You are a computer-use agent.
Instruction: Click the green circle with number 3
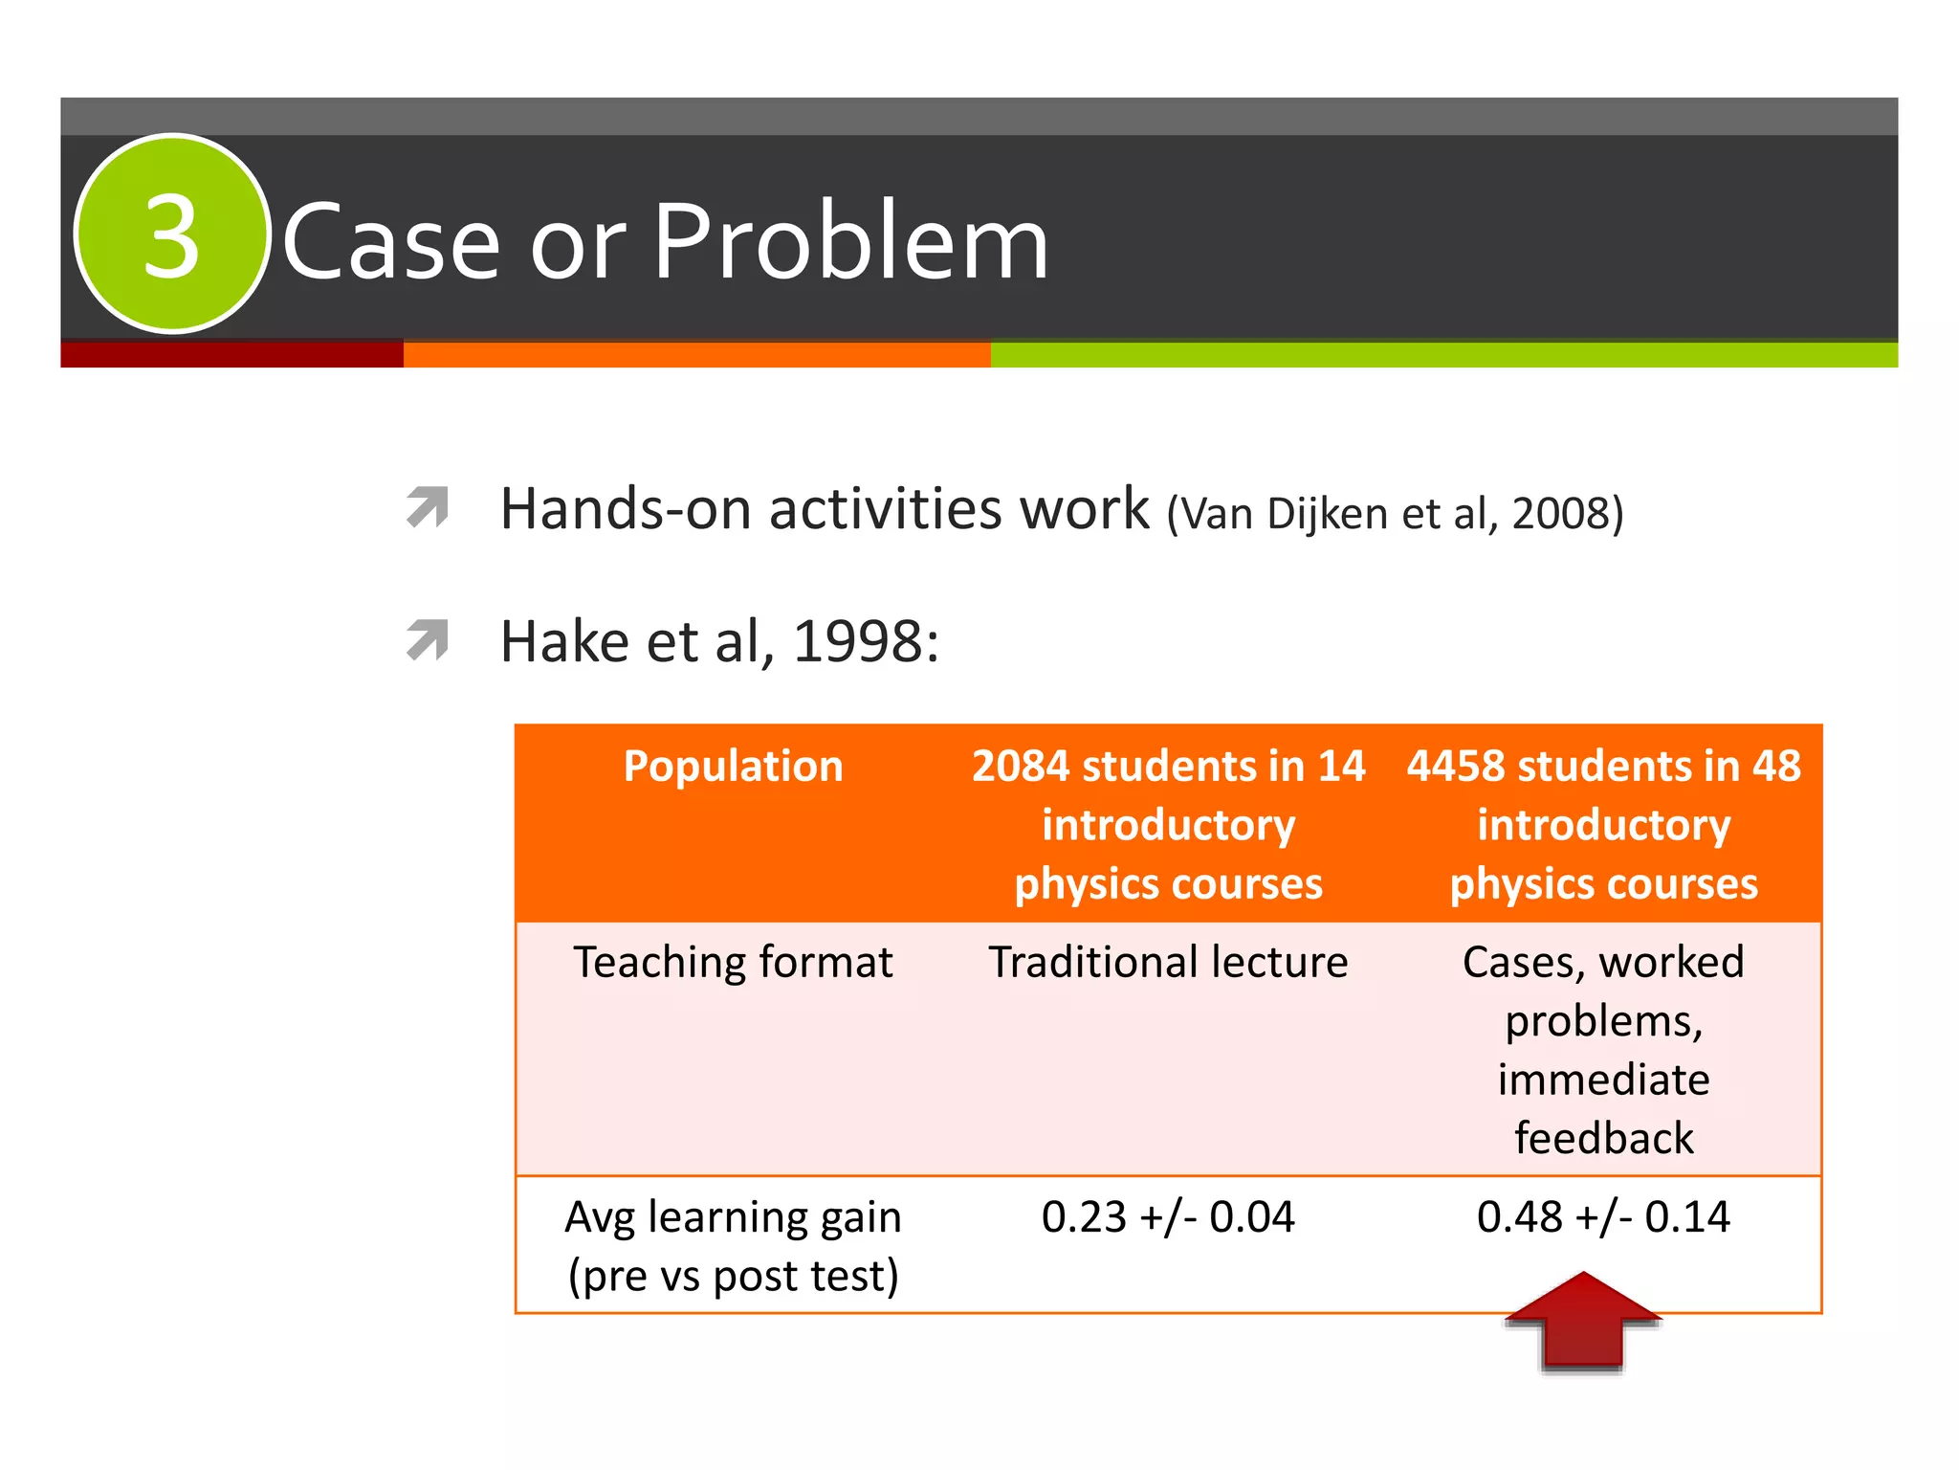tap(172, 234)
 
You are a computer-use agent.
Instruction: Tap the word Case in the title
tap(391, 243)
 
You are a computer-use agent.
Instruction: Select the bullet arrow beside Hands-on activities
tap(428, 507)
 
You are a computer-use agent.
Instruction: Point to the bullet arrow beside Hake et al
tap(428, 640)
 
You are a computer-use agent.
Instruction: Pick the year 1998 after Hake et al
tap(858, 641)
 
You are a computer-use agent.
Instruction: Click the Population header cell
tap(733, 767)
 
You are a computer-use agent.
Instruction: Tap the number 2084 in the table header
tap(1020, 767)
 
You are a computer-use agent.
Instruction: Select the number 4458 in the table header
tap(1455, 767)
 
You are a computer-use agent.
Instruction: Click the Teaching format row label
tap(733, 962)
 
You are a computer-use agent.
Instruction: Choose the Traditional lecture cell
tap(1168, 962)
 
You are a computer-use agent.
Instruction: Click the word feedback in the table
tap(1603, 1138)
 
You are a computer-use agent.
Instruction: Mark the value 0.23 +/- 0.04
tap(1168, 1216)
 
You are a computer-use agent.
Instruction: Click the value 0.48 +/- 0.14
tap(1603, 1216)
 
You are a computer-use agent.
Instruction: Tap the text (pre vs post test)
tap(733, 1276)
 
